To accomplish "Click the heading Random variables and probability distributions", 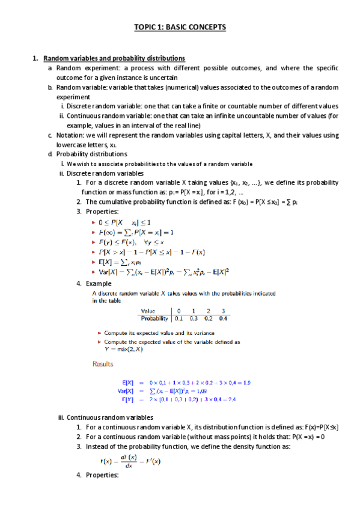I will (x=114, y=58).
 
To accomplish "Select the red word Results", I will (x=103, y=363).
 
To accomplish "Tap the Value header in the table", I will (x=150, y=310).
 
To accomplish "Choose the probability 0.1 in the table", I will (x=178, y=318).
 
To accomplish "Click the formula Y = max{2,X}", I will (x=124, y=348).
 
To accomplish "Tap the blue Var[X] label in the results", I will (x=126, y=390).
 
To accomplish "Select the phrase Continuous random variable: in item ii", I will (x=104, y=115).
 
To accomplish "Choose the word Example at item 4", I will (x=99, y=283).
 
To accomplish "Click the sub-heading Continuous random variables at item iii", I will (x=110, y=417).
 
